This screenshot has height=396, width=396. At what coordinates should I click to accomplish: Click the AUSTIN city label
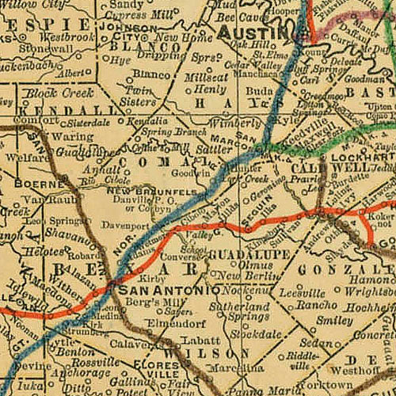point(253,32)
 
